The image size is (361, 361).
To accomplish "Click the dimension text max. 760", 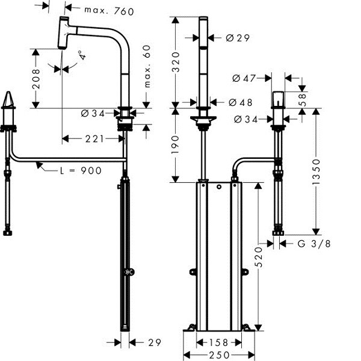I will pyautogui.click(x=108, y=10).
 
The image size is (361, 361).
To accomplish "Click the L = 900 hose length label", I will pyautogui.click(x=79, y=170).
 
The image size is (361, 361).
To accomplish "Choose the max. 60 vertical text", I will pyautogui.click(x=148, y=67).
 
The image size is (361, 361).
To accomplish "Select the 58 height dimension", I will pyautogui.click(x=303, y=97).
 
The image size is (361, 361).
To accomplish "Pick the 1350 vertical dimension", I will pyautogui.click(x=326, y=173).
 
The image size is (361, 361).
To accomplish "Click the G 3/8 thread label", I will pyautogui.click(x=314, y=243).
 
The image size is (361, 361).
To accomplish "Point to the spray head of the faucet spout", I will pyautogui.click(x=64, y=34).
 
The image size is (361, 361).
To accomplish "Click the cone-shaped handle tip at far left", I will pyautogui.click(x=8, y=102).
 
